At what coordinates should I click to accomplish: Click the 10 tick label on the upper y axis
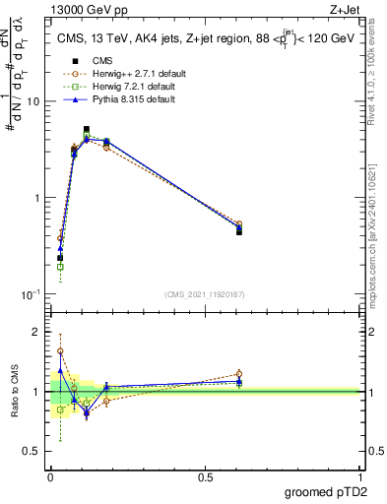pyautogui.click(x=33, y=101)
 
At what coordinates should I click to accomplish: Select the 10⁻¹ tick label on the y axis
pyautogui.click(x=32, y=294)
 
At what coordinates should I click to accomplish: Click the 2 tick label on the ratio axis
pyautogui.click(x=37, y=332)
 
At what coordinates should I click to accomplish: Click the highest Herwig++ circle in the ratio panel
pyautogui.click(x=60, y=350)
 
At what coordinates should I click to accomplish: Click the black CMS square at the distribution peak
pyautogui.click(x=87, y=129)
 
